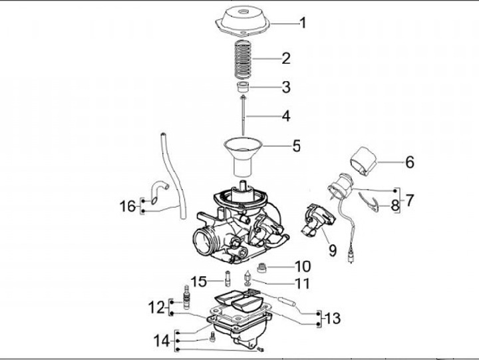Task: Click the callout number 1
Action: (x=303, y=24)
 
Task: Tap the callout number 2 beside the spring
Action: (x=285, y=59)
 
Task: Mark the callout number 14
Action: (x=162, y=341)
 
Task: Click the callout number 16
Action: (x=128, y=206)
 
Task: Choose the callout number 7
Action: (x=410, y=198)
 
